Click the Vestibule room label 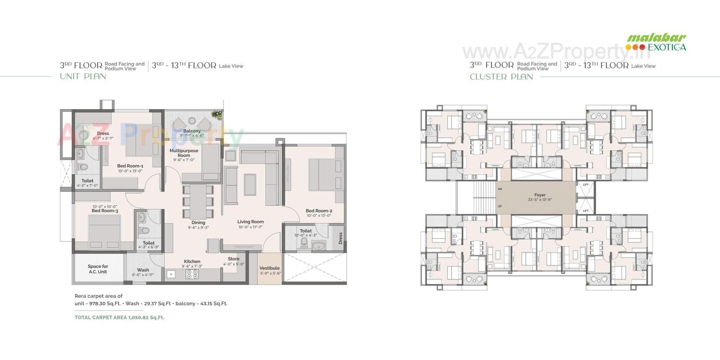tap(269, 268)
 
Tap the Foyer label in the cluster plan tap(540, 195)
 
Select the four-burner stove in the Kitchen tap(192, 274)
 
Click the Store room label tap(233, 259)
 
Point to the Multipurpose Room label tap(184, 153)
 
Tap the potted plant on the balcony tap(216, 114)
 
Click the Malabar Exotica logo tap(656, 42)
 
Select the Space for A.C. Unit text tap(98, 269)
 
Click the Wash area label tap(143, 270)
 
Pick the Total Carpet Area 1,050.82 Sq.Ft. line tap(119, 317)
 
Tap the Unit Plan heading tap(83, 76)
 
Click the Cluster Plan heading tap(501, 77)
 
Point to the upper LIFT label tap(585, 184)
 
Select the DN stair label tap(499, 189)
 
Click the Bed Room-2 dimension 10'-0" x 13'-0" tap(318, 216)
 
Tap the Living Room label tap(250, 222)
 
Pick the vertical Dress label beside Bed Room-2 tap(340, 238)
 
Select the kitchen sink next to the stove tap(171, 274)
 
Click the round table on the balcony tap(192, 121)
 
